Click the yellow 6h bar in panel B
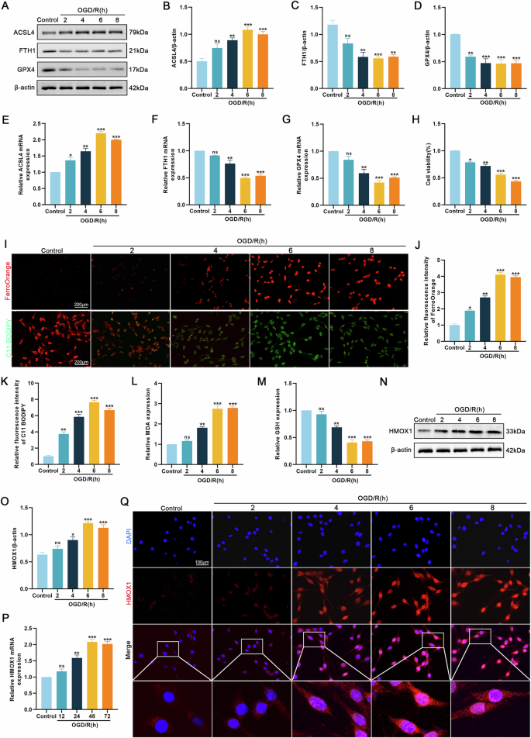[247, 59]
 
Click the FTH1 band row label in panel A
[20, 51]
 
